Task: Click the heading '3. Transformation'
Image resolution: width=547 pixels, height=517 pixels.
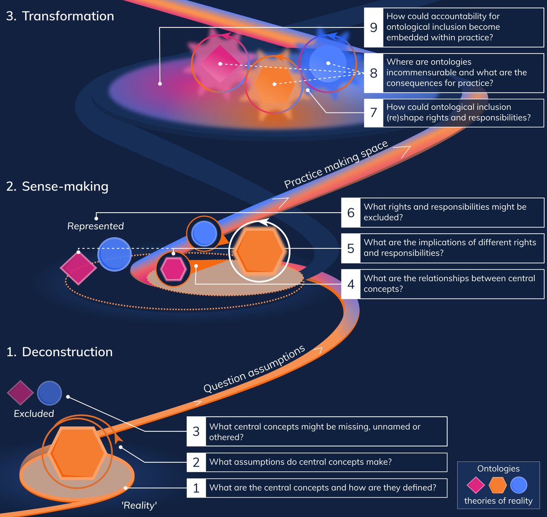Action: pyautogui.click(x=60, y=16)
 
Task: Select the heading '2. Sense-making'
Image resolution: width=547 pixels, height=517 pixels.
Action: pyautogui.click(x=57, y=186)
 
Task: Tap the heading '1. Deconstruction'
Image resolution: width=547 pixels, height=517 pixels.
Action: pyautogui.click(x=59, y=352)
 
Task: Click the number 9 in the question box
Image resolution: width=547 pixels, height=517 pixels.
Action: pyautogui.click(x=374, y=27)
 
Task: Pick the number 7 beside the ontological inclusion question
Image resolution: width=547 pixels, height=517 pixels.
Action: pyautogui.click(x=374, y=113)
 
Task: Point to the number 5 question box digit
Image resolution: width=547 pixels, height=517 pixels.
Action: pyautogui.click(x=351, y=248)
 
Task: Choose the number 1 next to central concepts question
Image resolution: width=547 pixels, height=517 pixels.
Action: pyautogui.click(x=196, y=488)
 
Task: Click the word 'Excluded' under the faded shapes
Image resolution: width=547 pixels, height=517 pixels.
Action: pyautogui.click(x=34, y=414)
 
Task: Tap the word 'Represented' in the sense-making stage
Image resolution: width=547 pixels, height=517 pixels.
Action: pyautogui.click(x=95, y=226)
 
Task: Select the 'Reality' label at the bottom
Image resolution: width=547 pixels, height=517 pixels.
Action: pyautogui.click(x=139, y=505)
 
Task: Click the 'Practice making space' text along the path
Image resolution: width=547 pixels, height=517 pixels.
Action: pyautogui.click(x=336, y=164)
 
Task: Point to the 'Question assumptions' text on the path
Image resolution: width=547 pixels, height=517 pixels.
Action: pyautogui.click(x=254, y=369)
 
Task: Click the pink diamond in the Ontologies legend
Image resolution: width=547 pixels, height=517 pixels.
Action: pyautogui.click(x=475, y=485)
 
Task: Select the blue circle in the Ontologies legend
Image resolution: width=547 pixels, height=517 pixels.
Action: pyautogui.click(x=519, y=485)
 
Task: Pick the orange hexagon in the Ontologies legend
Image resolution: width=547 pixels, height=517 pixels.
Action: pyautogui.click(x=497, y=485)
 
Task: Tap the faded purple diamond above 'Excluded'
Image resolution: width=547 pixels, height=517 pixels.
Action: pyautogui.click(x=21, y=393)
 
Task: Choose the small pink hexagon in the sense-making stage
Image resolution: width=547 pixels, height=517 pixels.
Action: pyautogui.click(x=173, y=269)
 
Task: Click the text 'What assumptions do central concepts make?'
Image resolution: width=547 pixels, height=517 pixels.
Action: pyautogui.click(x=300, y=462)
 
